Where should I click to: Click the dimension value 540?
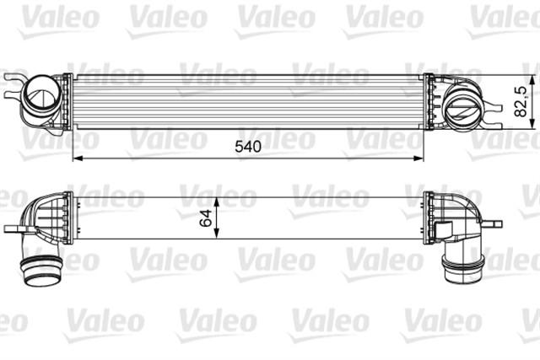click(248, 146)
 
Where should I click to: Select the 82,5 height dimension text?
click(523, 99)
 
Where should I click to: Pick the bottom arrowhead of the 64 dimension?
click(219, 235)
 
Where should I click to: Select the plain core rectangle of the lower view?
click(321, 218)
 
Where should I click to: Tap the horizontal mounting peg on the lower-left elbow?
click(14, 228)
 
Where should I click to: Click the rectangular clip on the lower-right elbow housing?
click(442, 228)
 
